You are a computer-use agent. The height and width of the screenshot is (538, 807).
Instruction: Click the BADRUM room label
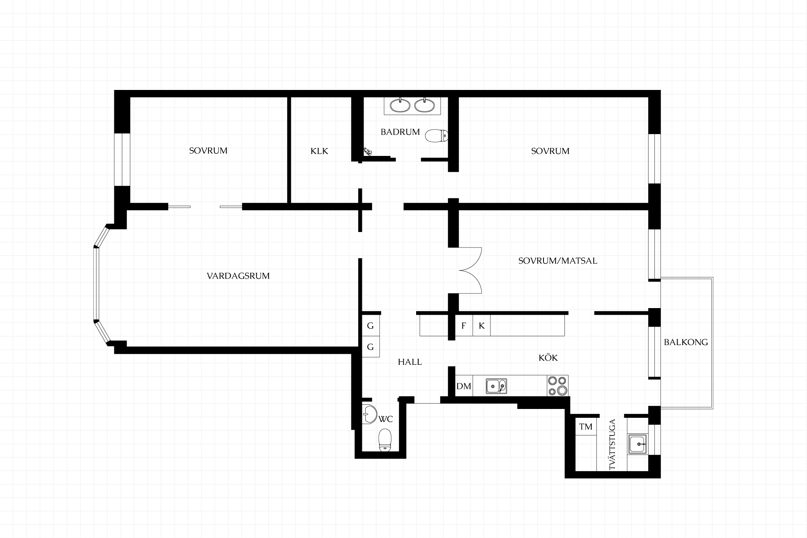(x=400, y=132)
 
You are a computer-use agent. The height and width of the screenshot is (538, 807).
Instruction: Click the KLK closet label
(x=319, y=151)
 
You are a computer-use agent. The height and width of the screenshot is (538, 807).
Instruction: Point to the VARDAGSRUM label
(x=238, y=276)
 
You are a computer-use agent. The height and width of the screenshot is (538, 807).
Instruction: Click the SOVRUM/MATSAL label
(x=557, y=261)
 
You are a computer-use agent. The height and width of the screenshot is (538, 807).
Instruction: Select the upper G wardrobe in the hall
(x=371, y=326)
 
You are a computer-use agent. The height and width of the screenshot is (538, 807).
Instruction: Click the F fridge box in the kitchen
(x=464, y=326)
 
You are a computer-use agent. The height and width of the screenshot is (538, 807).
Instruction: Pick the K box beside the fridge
(x=482, y=326)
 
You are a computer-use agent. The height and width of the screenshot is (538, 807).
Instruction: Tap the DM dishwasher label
(x=464, y=386)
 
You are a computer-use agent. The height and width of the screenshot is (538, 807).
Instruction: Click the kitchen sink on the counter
(x=496, y=386)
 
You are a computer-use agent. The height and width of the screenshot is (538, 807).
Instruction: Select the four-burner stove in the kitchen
(x=558, y=386)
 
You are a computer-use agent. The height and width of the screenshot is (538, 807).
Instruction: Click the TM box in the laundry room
(x=586, y=427)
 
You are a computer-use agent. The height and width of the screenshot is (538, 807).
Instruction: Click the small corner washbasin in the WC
(x=369, y=414)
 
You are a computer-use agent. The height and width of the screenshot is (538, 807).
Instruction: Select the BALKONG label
(x=686, y=342)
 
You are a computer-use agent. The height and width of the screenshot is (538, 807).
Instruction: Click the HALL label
(x=410, y=362)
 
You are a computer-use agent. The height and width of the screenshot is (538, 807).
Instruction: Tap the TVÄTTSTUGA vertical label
(x=612, y=444)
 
